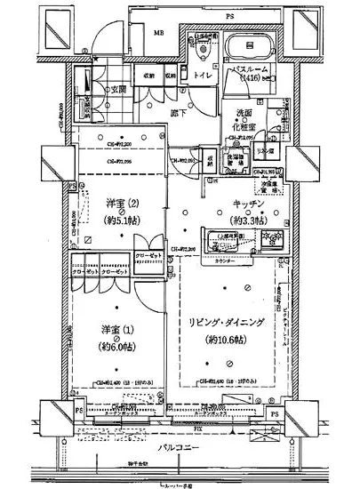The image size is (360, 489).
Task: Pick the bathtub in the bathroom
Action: (x=251, y=47)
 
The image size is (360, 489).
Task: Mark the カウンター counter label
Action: (x=224, y=263)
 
